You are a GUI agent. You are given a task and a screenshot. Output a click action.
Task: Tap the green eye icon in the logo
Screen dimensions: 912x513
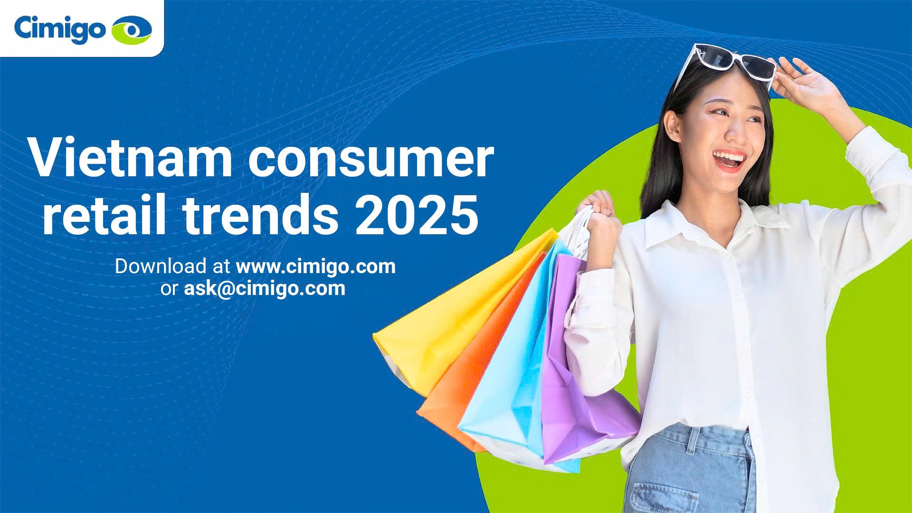coord(132,29)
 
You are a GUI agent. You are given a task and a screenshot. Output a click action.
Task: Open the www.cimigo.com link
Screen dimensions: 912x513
coord(316,266)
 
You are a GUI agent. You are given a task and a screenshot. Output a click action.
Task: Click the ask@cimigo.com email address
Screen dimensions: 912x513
coord(265,288)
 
